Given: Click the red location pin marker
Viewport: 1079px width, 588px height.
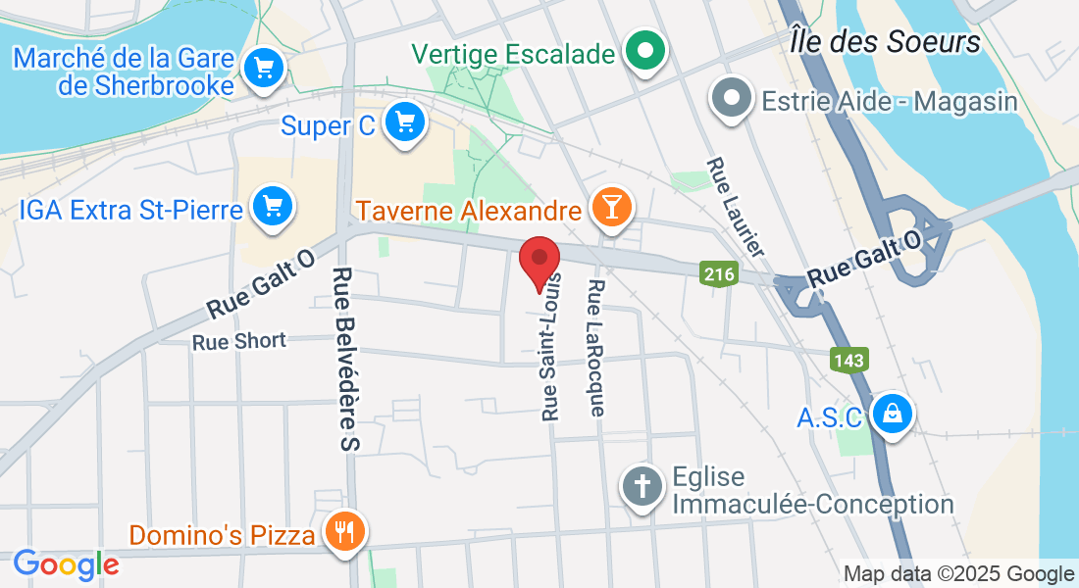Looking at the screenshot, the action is pyautogui.click(x=539, y=260).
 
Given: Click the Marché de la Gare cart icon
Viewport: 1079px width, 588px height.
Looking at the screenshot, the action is pyautogui.click(x=263, y=69).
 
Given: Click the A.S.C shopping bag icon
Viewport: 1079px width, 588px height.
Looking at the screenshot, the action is pyautogui.click(x=892, y=414).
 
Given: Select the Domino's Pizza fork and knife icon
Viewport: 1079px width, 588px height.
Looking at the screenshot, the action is pyautogui.click(x=343, y=532).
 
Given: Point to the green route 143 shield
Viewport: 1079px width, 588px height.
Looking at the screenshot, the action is pyautogui.click(x=848, y=360).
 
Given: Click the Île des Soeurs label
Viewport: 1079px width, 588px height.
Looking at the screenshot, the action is pyautogui.click(x=885, y=42).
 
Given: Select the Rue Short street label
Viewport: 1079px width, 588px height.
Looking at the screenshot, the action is pyautogui.click(x=239, y=341).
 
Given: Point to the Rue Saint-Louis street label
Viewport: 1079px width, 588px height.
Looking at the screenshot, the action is pyautogui.click(x=551, y=346).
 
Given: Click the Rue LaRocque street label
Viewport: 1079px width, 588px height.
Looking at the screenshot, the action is pyautogui.click(x=596, y=347).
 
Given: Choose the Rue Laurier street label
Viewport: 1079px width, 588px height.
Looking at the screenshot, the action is pyautogui.click(x=735, y=207).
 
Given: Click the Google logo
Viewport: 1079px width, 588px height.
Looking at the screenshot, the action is pyautogui.click(x=66, y=564).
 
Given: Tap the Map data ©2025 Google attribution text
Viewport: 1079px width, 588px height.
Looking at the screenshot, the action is pyautogui.click(x=958, y=574).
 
